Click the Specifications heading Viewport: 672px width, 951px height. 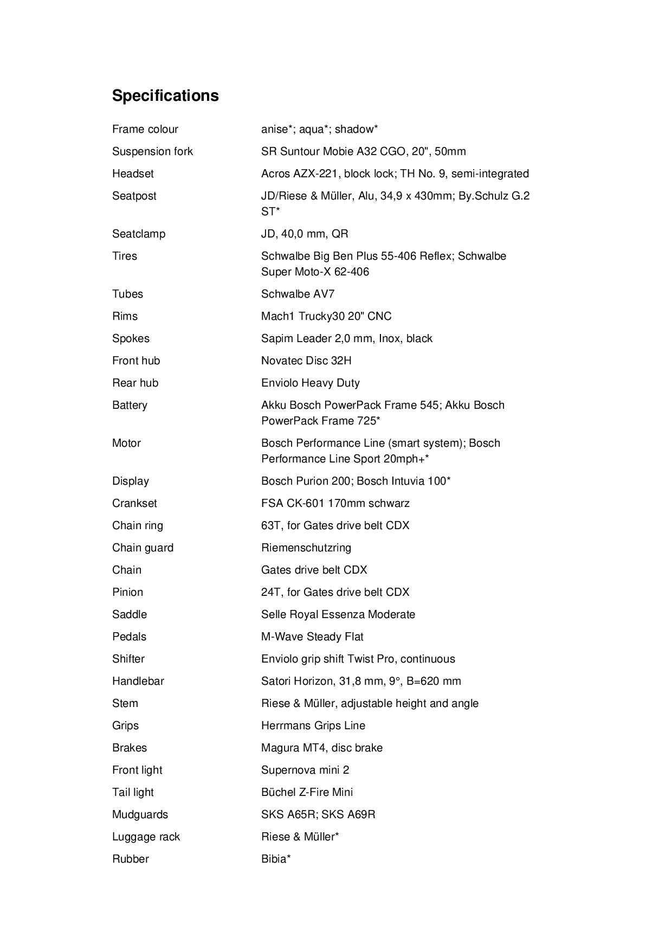pyautogui.click(x=165, y=95)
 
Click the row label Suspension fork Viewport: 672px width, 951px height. pyautogui.click(x=152, y=151)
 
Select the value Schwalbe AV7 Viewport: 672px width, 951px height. pyautogui.click(x=298, y=294)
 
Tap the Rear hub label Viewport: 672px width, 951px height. pyautogui.click(x=135, y=383)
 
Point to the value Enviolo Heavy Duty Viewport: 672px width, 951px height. pyautogui.click(x=310, y=383)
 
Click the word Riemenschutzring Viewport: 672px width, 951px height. pyautogui.click(x=306, y=548)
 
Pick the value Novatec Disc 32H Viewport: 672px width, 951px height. pyautogui.click(x=306, y=361)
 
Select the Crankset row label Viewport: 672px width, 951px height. pyautogui.click(x=134, y=503)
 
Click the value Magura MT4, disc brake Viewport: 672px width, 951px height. pyautogui.click(x=321, y=748)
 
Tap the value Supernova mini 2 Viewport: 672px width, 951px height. pyautogui.click(x=305, y=770)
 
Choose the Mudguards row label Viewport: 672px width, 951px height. pyautogui.click(x=140, y=814)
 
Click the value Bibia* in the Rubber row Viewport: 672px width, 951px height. pyautogui.click(x=276, y=859)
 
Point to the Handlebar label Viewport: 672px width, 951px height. pyautogui.click(x=138, y=681)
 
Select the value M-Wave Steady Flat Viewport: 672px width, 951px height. pyautogui.click(x=312, y=637)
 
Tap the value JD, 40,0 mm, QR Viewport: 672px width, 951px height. pyautogui.click(x=305, y=234)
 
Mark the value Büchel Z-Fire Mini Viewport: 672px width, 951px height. pyautogui.click(x=307, y=792)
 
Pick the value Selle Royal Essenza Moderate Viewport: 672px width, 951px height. pyautogui.click(x=338, y=614)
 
